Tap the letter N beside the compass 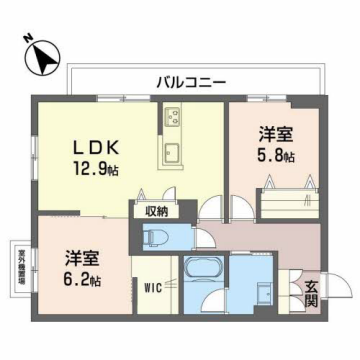[x=27, y=40]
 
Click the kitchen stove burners [x=172, y=119]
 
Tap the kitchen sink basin [x=171, y=153]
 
